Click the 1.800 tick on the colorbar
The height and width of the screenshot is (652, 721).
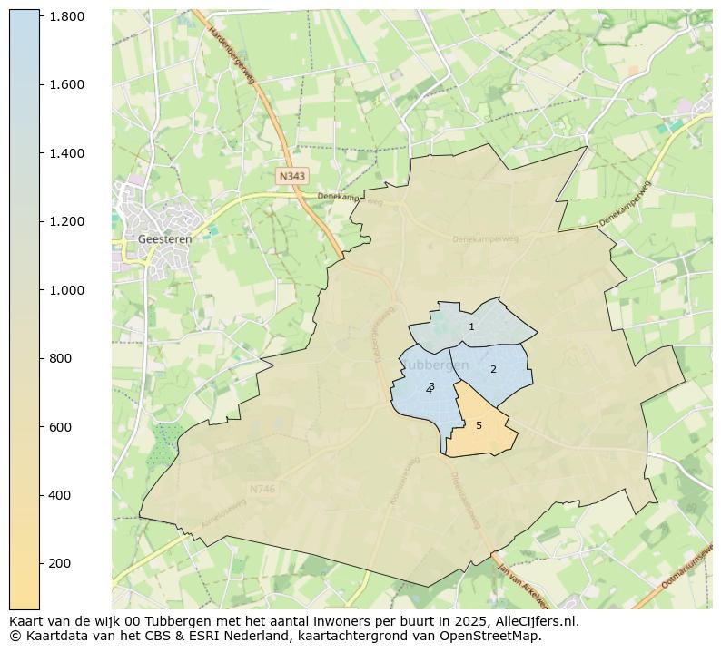(66, 16)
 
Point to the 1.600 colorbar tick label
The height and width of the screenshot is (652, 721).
(66, 84)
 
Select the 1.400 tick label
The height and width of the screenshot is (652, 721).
(66, 153)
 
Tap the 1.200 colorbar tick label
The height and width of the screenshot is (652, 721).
(66, 221)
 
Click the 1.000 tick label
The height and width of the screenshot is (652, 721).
(66, 290)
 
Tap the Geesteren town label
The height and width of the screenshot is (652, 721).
(164, 239)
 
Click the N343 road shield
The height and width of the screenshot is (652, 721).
(292, 176)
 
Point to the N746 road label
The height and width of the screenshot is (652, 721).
(262, 490)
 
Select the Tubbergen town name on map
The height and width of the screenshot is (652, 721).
(435, 365)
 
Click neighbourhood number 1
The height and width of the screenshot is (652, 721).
(471, 326)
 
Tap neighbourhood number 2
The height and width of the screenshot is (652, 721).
(493, 369)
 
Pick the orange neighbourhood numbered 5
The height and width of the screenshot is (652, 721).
(479, 425)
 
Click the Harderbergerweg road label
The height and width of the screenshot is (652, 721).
(232, 55)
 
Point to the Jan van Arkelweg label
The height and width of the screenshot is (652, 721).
(522, 587)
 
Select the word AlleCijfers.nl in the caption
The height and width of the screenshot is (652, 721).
(533, 622)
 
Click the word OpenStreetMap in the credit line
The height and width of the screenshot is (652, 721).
(491, 637)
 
